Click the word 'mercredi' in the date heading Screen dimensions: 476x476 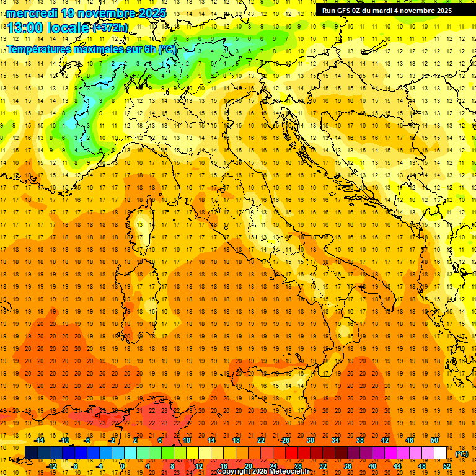coord(31,12)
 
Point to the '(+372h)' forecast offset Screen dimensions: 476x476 coord(110,27)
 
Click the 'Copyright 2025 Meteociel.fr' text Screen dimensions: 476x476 coord(263,472)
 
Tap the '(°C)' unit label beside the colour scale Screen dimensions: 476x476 coord(462,454)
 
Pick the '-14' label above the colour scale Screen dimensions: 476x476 coord(40,440)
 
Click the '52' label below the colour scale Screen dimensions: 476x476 coord(447,466)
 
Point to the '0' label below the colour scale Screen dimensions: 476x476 coord(123,466)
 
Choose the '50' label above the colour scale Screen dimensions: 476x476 coord(434,440)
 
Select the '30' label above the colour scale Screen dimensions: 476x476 coord(311,440)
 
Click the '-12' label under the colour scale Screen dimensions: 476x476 coord(52,466)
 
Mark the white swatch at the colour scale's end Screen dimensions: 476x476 coord(441,453)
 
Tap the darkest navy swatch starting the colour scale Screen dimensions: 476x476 coord(31,453)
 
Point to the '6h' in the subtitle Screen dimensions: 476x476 coord(149,49)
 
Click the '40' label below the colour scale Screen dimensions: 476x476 coord(372,466)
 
